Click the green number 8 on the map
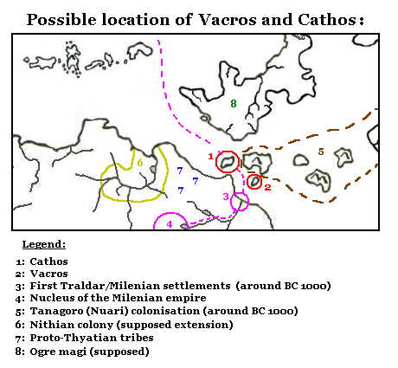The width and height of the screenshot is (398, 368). [233, 103]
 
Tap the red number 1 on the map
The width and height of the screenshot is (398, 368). [211, 156]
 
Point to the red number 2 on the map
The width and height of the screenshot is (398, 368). [267, 187]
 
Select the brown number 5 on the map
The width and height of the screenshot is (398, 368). [320, 152]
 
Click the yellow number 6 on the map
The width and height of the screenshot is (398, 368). [139, 163]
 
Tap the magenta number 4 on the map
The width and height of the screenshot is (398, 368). [170, 224]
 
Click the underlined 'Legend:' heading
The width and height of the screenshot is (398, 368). [44, 244]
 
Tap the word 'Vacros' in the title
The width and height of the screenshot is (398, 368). [205, 20]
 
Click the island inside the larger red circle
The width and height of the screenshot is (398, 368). [228, 162]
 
